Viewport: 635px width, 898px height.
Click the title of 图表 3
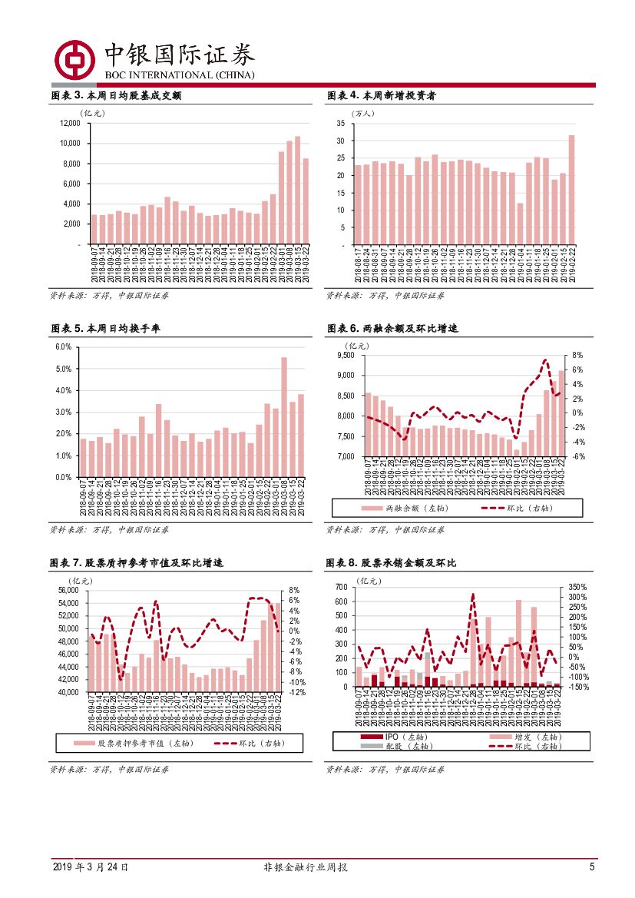click(115, 96)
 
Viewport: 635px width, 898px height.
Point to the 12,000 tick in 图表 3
click(69, 124)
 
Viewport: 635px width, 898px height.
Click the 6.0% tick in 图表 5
click(63, 347)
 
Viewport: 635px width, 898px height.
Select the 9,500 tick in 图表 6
click(342, 356)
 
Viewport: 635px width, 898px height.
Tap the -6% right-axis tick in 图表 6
click(578, 456)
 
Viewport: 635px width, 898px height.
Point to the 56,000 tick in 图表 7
click(68, 590)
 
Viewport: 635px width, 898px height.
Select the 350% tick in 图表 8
click(578, 587)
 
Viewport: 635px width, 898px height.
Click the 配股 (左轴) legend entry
click(407, 746)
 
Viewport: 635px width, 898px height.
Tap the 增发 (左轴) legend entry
click(530, 737)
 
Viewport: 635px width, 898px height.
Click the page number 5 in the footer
click(592, 867)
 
